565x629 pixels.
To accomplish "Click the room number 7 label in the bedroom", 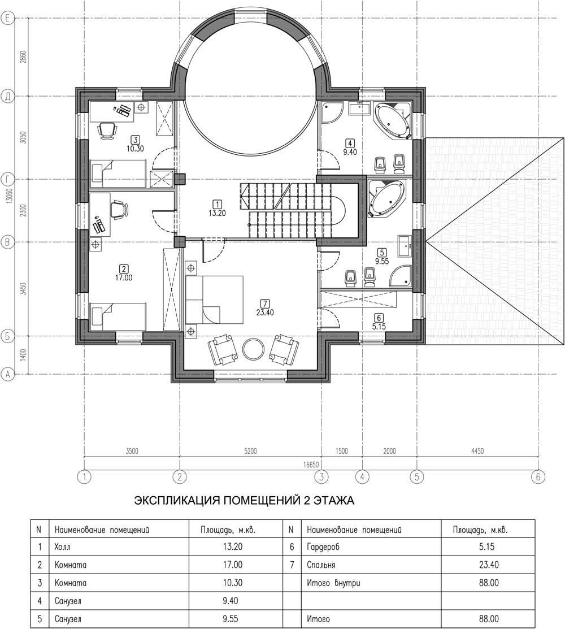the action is point(264,303).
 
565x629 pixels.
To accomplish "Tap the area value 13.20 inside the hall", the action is point(217,213).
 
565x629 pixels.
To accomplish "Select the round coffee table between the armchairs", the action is point(253,349).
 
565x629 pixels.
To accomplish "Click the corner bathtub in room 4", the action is point(393,120).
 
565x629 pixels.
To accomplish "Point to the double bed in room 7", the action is point(214,300).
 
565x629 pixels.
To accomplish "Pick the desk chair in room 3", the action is point(107,130).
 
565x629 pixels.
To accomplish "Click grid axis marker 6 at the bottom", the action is point(538,477).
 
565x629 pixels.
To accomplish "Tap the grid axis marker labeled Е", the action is point(7,18).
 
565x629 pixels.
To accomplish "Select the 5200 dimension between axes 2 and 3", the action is point(250,451).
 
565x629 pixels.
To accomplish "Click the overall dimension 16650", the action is point(311,465).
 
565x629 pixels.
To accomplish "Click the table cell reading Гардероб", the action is point(323,547).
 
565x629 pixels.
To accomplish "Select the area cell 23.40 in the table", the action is point(488,565).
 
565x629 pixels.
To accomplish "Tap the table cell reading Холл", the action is point(62,546).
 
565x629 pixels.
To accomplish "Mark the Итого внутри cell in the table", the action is point(333,583).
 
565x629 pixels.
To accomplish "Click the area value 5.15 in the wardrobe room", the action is point(379,327).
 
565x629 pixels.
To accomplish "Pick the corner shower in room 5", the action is point(401,277).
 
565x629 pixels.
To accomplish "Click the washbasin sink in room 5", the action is point(404,245).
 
